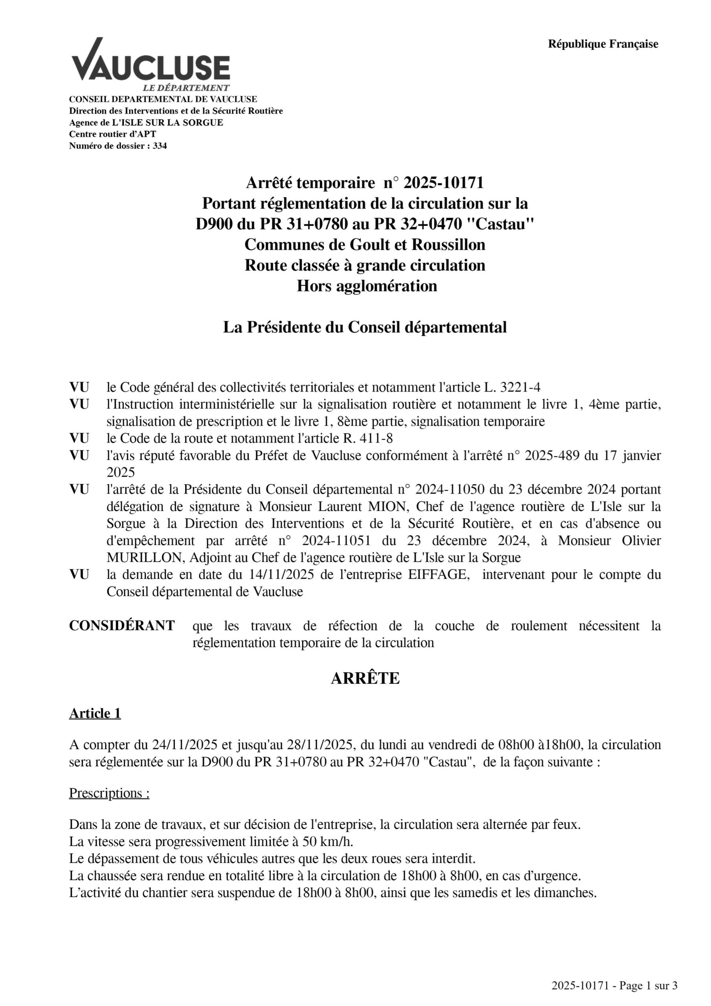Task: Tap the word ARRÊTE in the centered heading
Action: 365,678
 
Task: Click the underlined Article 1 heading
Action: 95,713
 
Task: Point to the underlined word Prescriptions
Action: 109,793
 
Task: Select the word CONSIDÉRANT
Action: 122,626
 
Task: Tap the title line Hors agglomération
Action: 367,286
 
